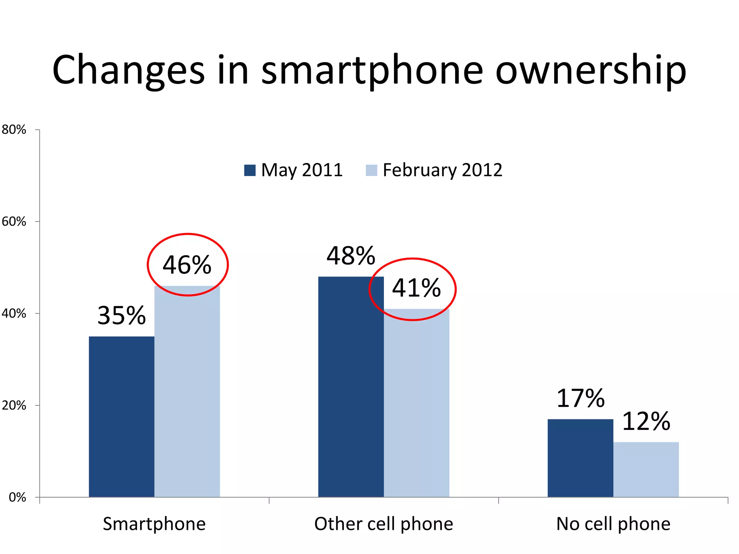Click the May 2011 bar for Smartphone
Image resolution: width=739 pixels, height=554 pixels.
click(x=122, y=417)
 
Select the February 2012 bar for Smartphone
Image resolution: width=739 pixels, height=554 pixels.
click(x=187, y=391)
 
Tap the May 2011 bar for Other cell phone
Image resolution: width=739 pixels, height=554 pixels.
click(x=351, y=387)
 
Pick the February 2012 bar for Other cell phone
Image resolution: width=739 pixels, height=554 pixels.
click(x=416, y=403)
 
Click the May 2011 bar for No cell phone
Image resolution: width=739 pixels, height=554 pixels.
click(x=580, y=458)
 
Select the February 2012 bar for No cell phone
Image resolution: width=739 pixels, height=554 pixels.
click(x=646, y=469)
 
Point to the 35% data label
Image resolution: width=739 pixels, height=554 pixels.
click(x=122, y=316)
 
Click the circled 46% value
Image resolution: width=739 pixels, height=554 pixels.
click(x=187, y=265)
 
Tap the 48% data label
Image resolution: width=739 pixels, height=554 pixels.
click(x=351, y=256)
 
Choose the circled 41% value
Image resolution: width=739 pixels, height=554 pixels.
click(x=416, y=288)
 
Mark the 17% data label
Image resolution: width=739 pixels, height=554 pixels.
click(x=580, y=399)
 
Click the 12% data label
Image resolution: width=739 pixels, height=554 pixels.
click(x=646, y=421)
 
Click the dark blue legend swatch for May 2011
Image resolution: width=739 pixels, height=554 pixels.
click(x=250, y=170)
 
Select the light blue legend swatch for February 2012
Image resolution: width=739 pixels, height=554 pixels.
click(x=371, y=170)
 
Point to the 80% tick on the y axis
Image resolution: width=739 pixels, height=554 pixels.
click(x=14, y=129)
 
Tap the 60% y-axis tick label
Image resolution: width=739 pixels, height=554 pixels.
click(x=14, y=221)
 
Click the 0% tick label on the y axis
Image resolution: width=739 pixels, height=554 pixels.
click(x=17, y=497)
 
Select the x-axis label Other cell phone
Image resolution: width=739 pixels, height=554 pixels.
click(x=384, y=524)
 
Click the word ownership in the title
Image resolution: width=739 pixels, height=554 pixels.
click(x=591, y=70)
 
